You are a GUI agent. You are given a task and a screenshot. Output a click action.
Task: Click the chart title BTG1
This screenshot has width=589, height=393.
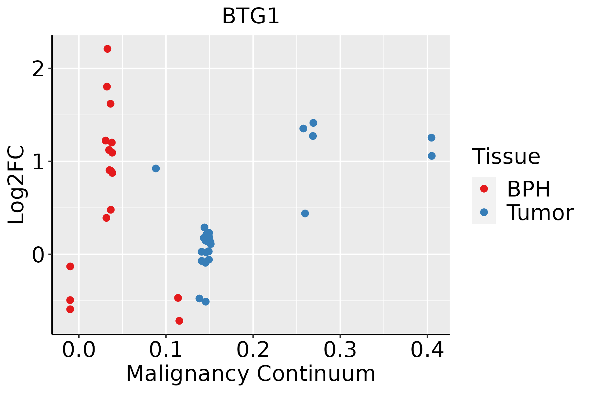251,16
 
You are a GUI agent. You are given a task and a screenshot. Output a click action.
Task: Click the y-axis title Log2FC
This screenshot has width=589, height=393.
16,185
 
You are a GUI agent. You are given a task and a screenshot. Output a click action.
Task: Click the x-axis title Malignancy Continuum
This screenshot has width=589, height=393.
251,374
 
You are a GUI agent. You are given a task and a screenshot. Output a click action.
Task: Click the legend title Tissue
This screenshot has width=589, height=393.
506,157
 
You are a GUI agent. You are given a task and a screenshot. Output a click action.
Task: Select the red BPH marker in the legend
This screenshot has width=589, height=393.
484,189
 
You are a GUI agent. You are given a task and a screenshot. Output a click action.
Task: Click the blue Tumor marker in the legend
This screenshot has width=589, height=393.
484,212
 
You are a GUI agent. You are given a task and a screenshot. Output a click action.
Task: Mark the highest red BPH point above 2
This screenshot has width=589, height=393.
107,49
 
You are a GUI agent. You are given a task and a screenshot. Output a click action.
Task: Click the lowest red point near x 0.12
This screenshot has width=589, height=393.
179,321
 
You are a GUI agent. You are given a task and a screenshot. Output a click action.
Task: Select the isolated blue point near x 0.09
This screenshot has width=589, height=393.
156,168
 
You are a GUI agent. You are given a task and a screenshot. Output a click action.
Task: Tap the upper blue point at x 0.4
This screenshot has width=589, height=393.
431,138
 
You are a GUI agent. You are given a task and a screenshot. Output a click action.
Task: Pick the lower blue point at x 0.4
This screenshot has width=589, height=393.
432,156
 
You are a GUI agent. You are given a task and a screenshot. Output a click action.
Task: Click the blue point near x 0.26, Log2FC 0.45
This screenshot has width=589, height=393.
305,214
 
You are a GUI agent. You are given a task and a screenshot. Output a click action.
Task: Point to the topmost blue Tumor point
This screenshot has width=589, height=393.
313,123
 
